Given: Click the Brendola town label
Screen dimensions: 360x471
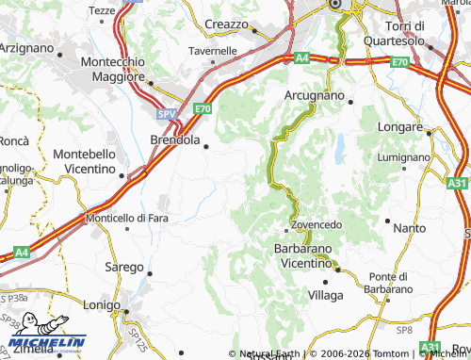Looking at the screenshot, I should (x=174, y=140).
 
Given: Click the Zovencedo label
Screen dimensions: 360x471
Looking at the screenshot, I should (x=313, y=226).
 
